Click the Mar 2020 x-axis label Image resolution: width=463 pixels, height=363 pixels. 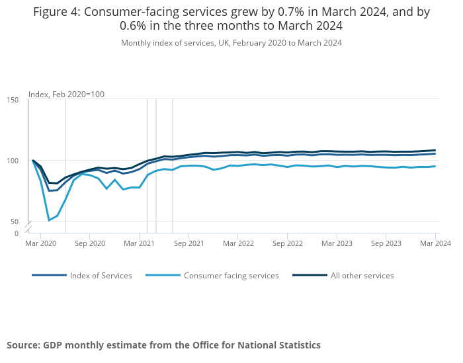[x=40, y=243]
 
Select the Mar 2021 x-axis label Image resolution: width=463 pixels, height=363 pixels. [x=139, y=243]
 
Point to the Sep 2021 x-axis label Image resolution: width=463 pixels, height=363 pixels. [x=189, y=243]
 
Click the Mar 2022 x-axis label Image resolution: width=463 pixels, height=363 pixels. [x=238, y=243]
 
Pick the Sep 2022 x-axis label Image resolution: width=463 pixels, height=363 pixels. [x=287, y=243]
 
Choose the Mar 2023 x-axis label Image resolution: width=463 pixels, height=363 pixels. [x=337, y=243]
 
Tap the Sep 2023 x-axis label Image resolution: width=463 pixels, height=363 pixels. [x=386, y=243]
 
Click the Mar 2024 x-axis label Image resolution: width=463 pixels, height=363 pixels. [x=435, y=243]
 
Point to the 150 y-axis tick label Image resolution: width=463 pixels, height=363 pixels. [x=13, y=100]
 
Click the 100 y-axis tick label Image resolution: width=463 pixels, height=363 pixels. [x=13, y=161]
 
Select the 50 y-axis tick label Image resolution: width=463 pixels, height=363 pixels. [x=15, y=222]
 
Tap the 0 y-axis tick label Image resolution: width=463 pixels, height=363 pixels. [x=17, y=233]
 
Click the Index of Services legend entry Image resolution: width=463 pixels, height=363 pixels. [x=101, y=276]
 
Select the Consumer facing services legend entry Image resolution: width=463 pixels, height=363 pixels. [x=231, y=276]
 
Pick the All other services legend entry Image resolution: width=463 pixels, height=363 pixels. [x=362, y=276]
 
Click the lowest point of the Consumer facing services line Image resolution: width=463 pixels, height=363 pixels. [x=49, y=220]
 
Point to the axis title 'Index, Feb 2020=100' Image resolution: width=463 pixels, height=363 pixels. [x=66, y=95]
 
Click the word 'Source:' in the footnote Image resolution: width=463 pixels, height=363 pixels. [x=23, y=345]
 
